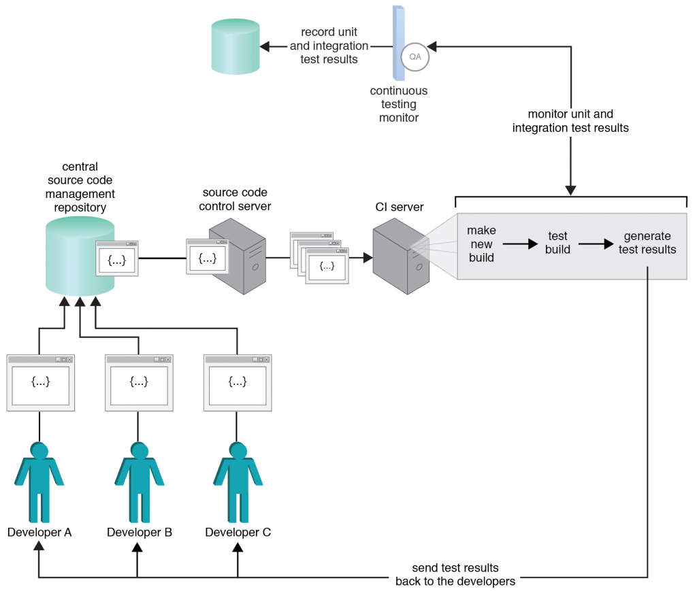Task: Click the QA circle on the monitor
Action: [415, 57]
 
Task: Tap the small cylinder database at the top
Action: [236, 46]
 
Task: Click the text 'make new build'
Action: [481, 244]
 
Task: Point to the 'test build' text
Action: [557, 243]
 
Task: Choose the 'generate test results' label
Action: [647, 243]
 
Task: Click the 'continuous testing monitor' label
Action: [399, 104]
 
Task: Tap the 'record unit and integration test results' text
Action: [329, 46]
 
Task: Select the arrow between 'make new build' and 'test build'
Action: [520, 244]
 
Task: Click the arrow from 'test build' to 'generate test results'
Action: [596, 244]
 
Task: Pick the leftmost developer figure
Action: [39, 482]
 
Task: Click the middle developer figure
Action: [139, 482]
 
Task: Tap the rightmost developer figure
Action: [238, 482]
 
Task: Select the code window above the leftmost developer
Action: [40, 383]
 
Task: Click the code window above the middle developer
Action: [139, 383]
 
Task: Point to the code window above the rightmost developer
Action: [238, 383]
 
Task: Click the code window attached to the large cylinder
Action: [117, 258]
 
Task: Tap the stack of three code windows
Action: [319, 258]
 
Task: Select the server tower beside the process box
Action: [401, 256]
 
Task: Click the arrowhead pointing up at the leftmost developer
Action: [39, 545]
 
